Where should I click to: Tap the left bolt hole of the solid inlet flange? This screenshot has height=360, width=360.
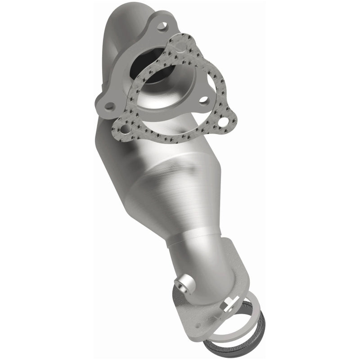click(x=108, y=106)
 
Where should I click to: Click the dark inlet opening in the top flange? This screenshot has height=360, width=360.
click(x=148, y=72)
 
